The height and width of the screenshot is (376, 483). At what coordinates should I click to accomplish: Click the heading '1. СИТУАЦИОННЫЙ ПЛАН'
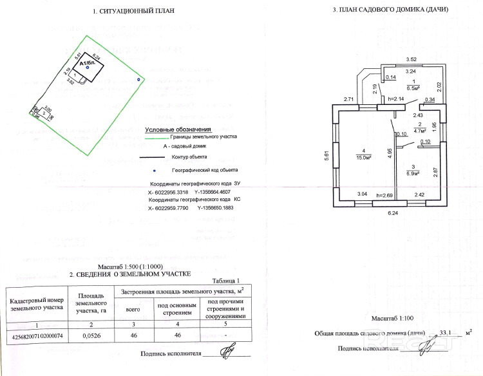133,11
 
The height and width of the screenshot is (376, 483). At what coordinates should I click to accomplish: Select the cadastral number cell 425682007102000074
37,335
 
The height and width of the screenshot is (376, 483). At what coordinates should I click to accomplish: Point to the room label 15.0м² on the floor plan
362,156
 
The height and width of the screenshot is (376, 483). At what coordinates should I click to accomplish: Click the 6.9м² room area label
413,173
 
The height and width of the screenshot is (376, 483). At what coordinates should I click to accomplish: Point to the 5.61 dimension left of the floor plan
327,155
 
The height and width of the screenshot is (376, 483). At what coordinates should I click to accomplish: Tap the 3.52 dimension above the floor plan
412,60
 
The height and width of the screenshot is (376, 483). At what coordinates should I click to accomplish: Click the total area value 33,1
445,332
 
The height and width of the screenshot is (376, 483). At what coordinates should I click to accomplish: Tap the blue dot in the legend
153,170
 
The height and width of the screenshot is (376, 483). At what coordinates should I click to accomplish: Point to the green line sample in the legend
156,137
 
